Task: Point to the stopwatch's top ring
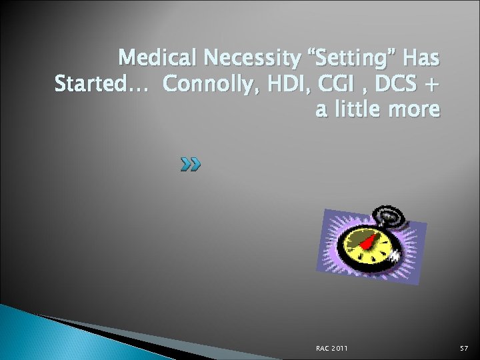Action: (x=385, y=215)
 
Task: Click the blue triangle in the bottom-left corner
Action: (x=33, y=337)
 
